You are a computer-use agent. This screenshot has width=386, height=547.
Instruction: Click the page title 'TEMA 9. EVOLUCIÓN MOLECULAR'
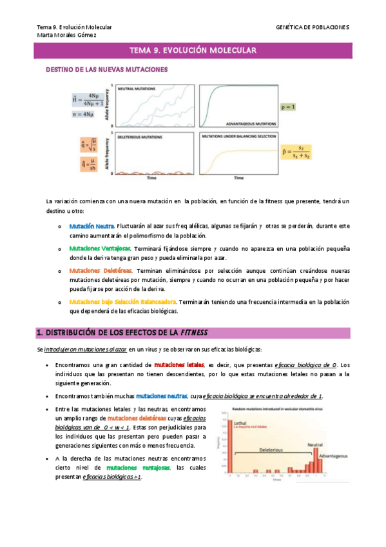(193, 50)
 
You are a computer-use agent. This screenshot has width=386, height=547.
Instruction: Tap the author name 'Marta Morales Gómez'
(66, 35)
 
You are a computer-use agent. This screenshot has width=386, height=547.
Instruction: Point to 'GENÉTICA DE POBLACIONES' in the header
(312, 27)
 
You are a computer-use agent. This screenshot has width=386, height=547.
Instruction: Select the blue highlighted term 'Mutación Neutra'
(92, 226)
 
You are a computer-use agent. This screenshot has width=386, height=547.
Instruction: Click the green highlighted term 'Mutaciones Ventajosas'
(101, 248)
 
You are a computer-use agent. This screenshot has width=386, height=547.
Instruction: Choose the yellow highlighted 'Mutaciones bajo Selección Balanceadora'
(122, 301)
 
